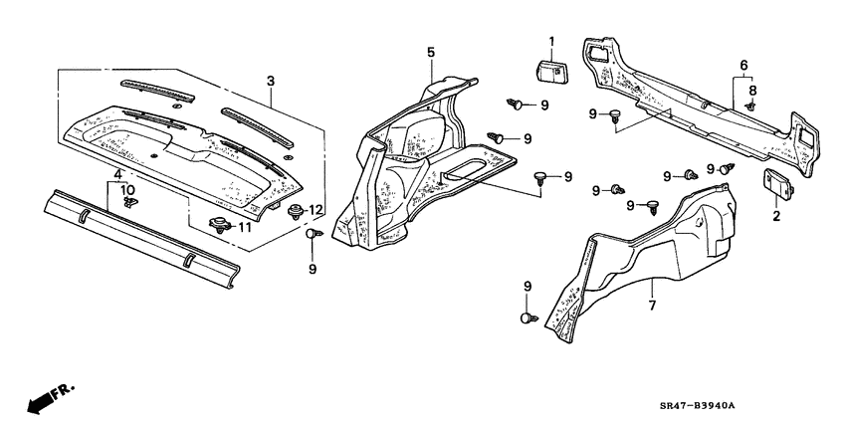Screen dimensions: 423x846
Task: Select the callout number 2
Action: point(777,215)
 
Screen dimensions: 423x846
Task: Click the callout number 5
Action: point(431,52)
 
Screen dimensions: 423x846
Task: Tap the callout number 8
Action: point(752,90)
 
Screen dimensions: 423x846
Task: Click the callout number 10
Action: point(127,189)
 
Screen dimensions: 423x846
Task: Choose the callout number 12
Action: point(315,209)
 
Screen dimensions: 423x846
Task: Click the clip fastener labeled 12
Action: point(295,210)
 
